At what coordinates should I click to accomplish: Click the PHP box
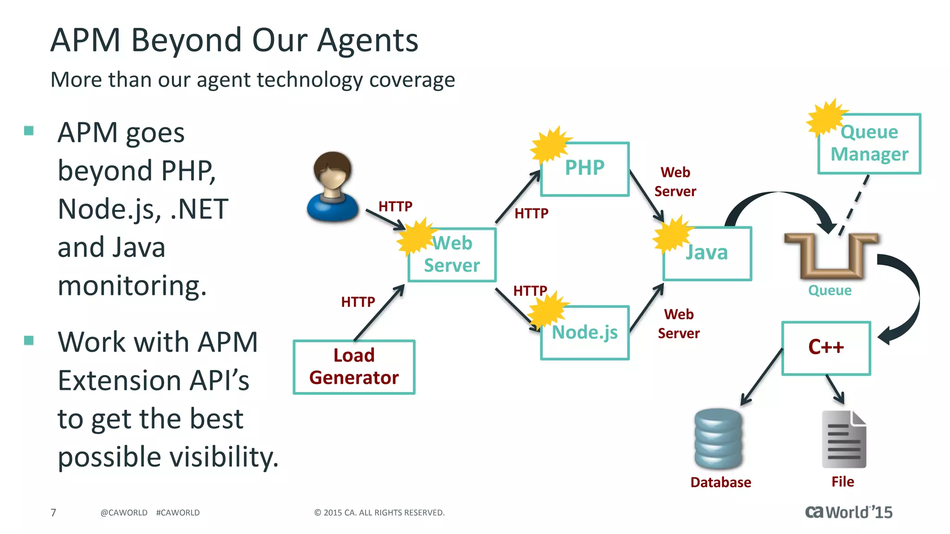(x=585, y=169)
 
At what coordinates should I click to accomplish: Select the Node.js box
(x=585, y=333)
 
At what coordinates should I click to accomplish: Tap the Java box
(x=707, y=254)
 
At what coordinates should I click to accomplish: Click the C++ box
(x=826, y=348)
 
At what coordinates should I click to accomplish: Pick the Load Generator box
(x=354, y=367)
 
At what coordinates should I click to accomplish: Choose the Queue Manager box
(x=869, y=144)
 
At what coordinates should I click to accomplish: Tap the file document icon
(x=844, y=439)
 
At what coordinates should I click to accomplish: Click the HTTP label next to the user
(x=395, y=206)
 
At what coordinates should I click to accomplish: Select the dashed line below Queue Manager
(x=854, y=204)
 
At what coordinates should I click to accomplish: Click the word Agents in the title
(x=367, y=40)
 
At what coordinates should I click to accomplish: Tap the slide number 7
(x=53, y=512)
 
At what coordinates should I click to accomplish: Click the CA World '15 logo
(x=848, y=512)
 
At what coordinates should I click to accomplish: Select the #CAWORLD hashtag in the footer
(x=178, y=512)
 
